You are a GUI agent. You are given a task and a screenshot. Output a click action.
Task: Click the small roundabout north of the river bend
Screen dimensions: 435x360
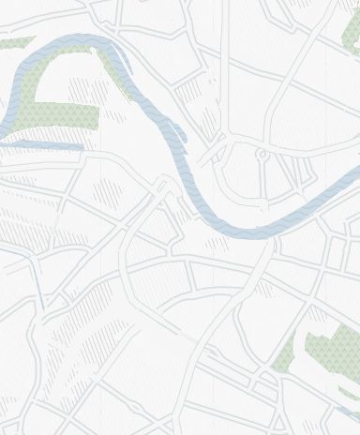(263, 153)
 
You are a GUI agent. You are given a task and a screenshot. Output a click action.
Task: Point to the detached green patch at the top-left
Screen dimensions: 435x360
(13, 44)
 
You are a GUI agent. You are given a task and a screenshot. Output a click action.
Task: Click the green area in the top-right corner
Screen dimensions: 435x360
(348, 37)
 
